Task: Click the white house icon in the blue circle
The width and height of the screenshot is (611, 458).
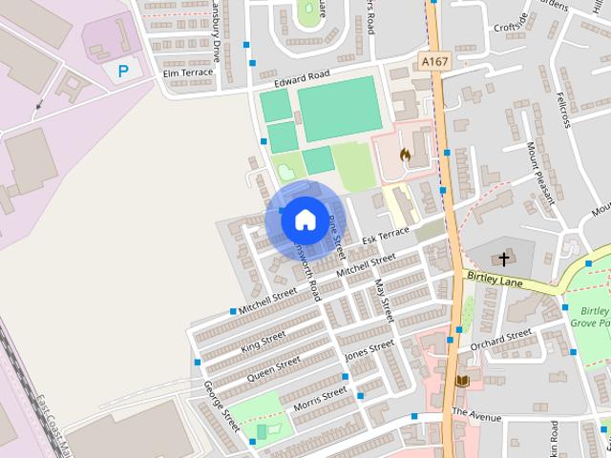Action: (x=305, y=219)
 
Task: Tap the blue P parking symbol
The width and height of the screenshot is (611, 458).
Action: (x=122, y=70)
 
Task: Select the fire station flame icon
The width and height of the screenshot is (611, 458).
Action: (x=406, y=154)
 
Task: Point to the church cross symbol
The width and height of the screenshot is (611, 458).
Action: (x=504, y=259)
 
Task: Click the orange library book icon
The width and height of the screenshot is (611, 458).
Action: (x=462, y=381)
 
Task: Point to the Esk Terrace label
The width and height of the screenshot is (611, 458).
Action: (x=386, y=235)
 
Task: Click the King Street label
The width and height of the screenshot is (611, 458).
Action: (x=263, y=342)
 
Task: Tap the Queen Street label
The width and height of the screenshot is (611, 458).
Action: (x=274, y=368)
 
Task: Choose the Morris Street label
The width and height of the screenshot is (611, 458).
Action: (x=320, y=398)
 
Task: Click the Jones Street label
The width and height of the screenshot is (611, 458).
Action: (x=369, y=350)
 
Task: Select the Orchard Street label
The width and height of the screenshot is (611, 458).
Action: (x=501, y=338)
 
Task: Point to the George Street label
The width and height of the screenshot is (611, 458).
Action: (x=221, y=405)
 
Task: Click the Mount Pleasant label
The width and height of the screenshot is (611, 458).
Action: (x=540, y=172)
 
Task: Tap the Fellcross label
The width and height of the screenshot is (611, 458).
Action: (x=564, y=111)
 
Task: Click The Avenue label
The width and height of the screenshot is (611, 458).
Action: (x=476, y=416)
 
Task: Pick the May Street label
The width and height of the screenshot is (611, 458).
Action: (x=383, y=300)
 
